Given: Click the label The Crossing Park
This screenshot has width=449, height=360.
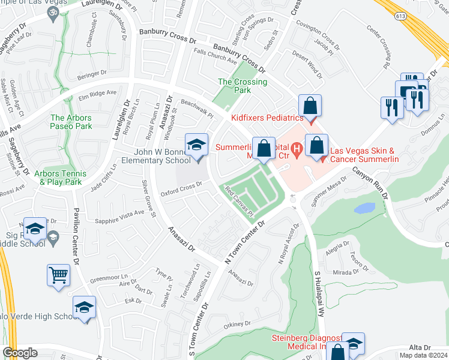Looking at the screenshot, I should (x=243, y=86).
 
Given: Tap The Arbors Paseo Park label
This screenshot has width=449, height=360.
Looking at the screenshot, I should (x=71, y=122).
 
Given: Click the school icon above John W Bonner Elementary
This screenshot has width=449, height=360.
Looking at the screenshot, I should (x=196, y=146).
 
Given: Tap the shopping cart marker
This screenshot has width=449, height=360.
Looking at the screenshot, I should (x=59, y=275).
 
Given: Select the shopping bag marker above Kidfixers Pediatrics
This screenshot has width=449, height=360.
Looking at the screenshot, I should (x=310, y=107).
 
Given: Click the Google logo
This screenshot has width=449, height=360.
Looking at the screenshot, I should (x=20, y=353).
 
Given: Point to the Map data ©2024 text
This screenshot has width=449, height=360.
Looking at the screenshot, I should (x=423, y=355).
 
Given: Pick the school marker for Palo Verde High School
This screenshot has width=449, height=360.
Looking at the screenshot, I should (x=85, y=308).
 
